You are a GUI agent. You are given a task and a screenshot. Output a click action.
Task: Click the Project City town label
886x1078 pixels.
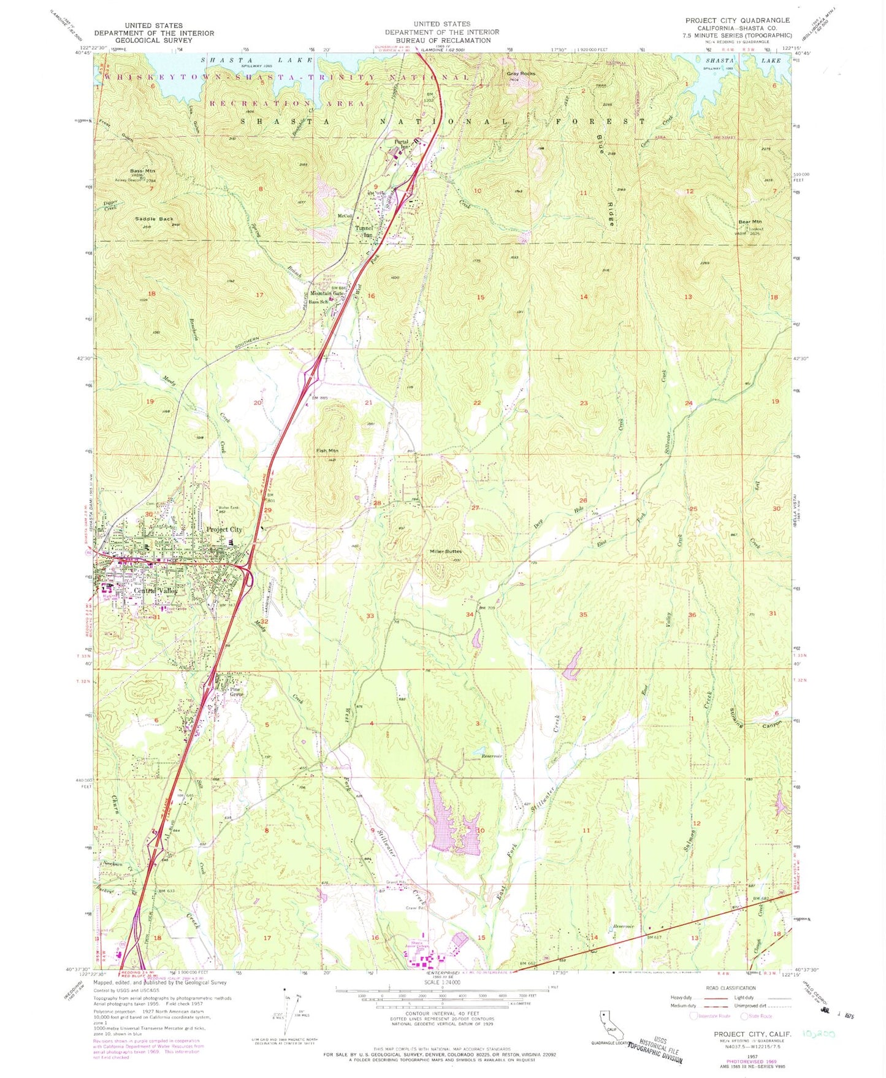click(224, 529)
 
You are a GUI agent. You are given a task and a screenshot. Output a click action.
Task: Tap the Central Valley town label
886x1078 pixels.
click(156, 591)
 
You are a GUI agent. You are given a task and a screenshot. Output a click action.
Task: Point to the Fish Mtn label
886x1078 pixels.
click(327, 451)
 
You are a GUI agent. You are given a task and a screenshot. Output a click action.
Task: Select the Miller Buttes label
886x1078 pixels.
click(445, 551)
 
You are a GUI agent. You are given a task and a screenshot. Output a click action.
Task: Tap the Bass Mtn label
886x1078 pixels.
click(143, 170)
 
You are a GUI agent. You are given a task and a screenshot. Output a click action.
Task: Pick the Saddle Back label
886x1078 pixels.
click(154, 218)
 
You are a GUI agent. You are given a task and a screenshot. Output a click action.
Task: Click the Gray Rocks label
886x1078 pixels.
click(521, 74)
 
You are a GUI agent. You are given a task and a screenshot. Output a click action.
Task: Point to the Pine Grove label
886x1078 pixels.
click(236, 692)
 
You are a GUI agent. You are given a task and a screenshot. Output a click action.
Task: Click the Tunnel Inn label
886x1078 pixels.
click(364, 231)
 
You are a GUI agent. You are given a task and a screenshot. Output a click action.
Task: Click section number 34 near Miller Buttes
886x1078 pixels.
click(470, 614)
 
